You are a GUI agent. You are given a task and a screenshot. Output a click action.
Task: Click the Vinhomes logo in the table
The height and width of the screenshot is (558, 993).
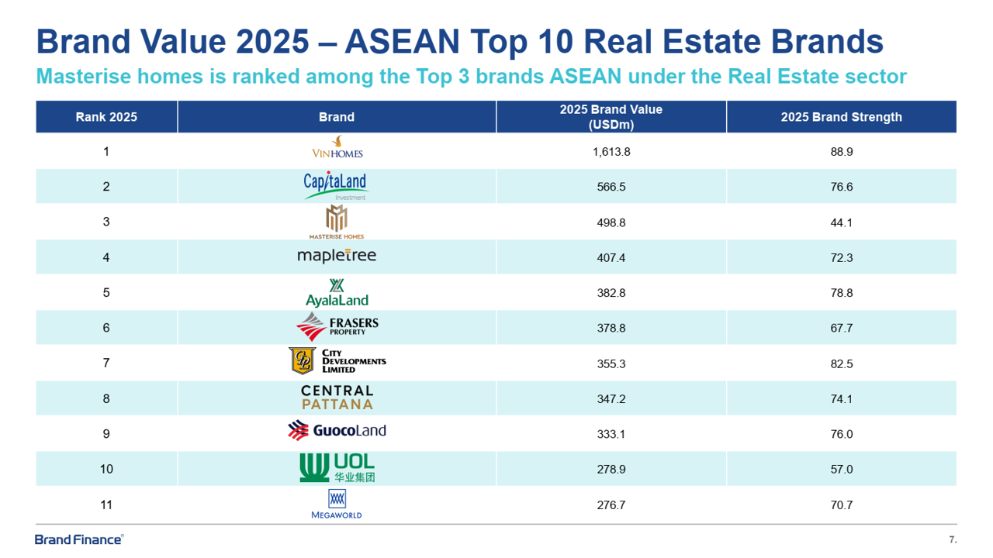coord(337,147)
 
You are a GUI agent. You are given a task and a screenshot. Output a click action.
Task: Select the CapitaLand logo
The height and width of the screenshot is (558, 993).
coord(335,185)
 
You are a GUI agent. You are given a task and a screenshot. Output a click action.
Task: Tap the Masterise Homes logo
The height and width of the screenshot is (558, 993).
coord(336,222)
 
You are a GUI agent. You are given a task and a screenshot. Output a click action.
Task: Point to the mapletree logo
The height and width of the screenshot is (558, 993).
coord(337,256)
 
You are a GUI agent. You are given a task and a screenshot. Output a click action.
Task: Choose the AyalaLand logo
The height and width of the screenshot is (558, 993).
coord(337,293)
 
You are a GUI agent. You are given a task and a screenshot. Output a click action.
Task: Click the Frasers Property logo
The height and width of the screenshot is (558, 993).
coord(337,327)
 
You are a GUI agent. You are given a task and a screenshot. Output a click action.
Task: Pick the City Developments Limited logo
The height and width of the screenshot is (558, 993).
coord(337,361)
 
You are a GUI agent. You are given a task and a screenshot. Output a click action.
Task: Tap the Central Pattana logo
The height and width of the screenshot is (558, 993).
coord(337,398)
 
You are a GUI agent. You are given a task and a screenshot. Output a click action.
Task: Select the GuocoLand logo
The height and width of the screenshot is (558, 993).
coord(337,430)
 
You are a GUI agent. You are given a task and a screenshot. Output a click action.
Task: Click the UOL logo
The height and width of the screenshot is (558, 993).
coord(337,468)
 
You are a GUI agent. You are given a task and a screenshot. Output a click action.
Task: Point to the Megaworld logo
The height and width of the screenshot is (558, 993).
coord(337,505)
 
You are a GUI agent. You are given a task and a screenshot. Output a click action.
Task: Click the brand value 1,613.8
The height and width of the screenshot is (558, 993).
coord(611,152)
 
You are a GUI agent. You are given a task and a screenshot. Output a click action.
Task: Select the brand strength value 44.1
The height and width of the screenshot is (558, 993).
coord(841,222)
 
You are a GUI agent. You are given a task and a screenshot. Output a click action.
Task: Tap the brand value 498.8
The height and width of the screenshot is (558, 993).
coord(611,222)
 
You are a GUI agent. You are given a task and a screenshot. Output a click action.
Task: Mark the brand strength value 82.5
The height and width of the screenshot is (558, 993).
coord(841,363)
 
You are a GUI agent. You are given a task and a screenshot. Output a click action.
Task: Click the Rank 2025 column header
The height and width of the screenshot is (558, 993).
coord(106,117)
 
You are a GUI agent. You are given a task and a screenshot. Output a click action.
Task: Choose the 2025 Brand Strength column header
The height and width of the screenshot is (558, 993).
coord(841,117)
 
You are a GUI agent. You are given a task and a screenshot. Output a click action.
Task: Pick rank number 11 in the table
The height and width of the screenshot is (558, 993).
coord(106,505)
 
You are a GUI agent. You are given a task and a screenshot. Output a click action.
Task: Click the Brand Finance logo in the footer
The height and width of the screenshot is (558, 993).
coord(79,539)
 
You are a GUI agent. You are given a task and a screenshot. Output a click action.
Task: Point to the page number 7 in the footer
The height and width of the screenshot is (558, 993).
coord(952,539)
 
